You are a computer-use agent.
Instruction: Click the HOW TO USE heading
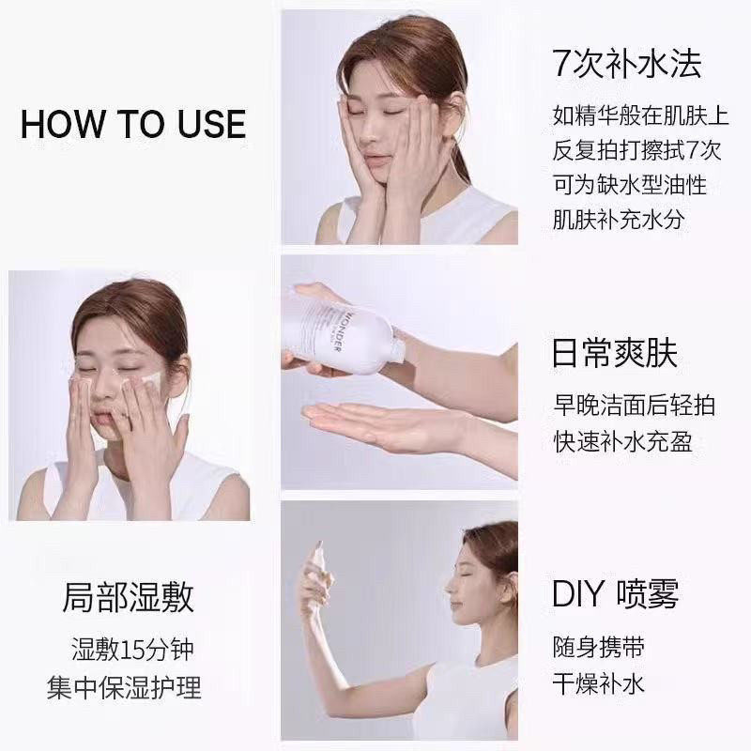point(133,124)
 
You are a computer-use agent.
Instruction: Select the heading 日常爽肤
point(615,354)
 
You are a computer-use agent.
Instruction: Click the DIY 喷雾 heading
point(615,593)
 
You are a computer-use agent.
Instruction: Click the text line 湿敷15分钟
point(132,649)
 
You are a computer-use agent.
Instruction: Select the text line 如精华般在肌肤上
point(640,116)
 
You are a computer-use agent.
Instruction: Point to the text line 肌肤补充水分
point(620,221)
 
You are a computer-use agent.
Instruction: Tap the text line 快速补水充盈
point(621,440)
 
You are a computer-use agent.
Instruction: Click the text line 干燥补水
point(598,682)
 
